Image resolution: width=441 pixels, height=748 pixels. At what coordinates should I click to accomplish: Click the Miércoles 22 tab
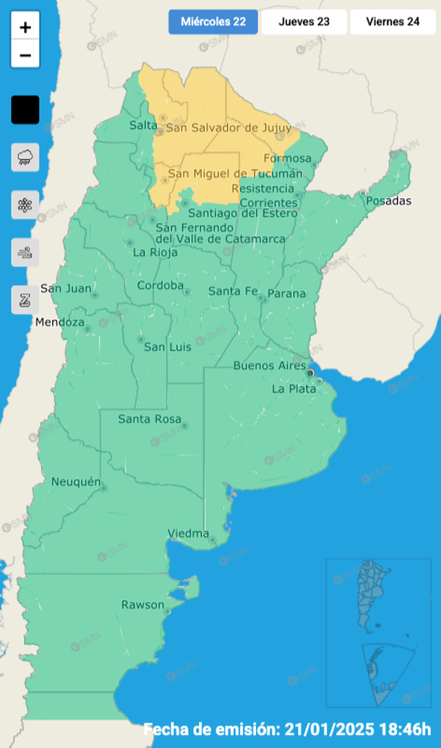[213, 22]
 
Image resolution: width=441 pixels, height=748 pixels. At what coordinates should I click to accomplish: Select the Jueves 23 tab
[304, 22]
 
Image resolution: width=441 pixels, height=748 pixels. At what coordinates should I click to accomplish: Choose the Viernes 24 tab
[393, 22]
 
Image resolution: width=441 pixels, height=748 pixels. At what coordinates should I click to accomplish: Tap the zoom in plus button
[25, 27]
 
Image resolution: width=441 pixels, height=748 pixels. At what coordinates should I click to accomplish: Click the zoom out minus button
[25, 54]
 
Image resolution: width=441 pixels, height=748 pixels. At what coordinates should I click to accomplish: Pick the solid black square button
[25, 110]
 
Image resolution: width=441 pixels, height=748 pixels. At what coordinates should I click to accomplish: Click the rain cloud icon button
[25, 157]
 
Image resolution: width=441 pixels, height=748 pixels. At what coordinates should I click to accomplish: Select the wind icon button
[25, 252]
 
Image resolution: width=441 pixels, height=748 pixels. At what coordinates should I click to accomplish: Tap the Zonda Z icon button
[25, 299]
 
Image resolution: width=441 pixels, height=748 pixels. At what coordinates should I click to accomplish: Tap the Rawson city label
[142, 605]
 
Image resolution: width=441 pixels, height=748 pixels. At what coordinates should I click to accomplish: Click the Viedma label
[188, 534]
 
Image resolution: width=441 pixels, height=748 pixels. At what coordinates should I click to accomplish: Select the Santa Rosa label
[150, 419]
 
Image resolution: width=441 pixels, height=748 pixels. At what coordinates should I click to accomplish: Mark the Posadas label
[388, 200]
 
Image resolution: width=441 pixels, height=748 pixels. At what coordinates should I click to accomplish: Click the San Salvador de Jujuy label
[228, 128]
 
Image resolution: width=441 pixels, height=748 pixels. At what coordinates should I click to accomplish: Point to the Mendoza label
[60, 322]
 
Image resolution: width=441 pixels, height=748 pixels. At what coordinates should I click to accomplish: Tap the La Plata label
[294, 388]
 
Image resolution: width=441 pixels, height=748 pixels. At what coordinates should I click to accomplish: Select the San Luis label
[168, 347]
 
